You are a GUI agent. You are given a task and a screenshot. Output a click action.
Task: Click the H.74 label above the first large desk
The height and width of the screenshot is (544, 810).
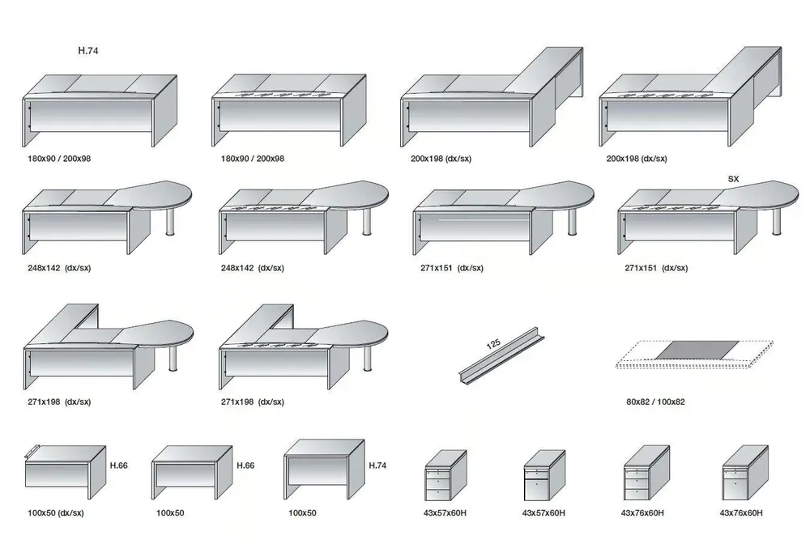87,50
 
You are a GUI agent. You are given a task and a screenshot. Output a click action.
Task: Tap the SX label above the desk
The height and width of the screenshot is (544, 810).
733,179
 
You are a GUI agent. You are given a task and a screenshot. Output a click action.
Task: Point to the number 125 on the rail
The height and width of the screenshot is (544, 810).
493,344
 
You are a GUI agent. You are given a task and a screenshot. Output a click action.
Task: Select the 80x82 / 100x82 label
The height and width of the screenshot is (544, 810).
655,402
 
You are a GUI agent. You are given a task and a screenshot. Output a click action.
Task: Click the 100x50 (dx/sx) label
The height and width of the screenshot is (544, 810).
56,512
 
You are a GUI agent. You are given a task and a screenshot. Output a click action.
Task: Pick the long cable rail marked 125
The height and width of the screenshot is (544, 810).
501,355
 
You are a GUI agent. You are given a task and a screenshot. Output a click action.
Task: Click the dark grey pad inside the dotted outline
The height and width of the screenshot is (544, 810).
698,350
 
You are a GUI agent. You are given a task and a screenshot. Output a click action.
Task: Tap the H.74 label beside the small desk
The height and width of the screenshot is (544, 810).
377,465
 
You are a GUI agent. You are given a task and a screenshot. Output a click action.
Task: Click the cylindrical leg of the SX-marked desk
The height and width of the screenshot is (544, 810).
777,222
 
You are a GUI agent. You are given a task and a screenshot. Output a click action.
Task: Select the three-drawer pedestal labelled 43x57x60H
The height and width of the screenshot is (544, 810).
446,475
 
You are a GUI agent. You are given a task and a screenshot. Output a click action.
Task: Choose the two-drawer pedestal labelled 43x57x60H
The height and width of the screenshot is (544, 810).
544,475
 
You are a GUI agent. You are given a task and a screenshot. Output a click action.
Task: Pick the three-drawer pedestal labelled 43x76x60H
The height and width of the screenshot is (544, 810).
646,473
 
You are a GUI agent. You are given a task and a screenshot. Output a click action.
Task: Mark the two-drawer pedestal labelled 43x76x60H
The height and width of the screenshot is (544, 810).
745,473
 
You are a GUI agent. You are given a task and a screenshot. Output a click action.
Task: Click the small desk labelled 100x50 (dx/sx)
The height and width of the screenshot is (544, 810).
65,467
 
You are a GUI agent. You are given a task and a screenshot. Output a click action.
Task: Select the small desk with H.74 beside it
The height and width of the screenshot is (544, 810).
325,470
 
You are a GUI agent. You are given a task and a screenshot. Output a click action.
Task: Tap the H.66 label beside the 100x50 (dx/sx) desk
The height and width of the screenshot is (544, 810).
119,465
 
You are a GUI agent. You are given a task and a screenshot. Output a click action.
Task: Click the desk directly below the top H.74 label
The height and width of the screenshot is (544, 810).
100,110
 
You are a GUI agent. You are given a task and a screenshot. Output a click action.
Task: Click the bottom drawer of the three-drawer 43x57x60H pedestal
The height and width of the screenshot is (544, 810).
437,495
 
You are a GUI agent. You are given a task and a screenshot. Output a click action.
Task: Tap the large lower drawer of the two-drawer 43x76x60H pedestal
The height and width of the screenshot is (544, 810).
735,489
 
